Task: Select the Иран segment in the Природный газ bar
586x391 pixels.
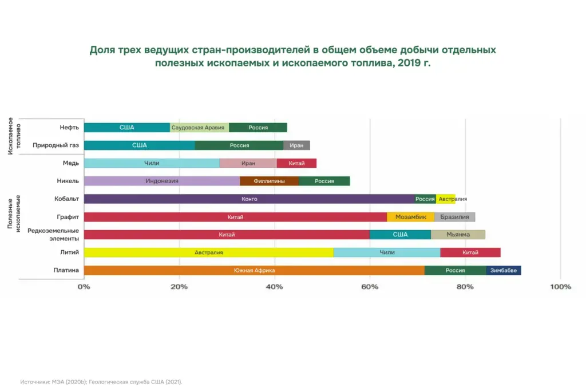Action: pos(296,145)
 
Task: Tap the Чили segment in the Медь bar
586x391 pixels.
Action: pos(152,163)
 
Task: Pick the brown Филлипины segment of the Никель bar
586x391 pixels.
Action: pos(269,181)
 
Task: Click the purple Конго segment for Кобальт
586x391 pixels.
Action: pos(250,199)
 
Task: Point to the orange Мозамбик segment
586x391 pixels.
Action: pos(410,217)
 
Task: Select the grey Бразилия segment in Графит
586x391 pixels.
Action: pos(455,217)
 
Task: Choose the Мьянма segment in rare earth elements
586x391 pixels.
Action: pos(458,235)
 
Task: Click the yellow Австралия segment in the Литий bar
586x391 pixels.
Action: pos(208,252)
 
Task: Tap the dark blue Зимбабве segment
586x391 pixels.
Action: pos(504,270)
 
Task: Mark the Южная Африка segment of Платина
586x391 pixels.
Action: pos(254,270)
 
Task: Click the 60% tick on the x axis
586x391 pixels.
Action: pos(370,287)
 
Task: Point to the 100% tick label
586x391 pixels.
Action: pos(560,287)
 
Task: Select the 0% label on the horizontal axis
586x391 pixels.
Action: pos(84,287)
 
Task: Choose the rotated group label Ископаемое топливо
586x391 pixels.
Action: pos(14,136)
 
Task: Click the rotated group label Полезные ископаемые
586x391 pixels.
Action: pos(14,212)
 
